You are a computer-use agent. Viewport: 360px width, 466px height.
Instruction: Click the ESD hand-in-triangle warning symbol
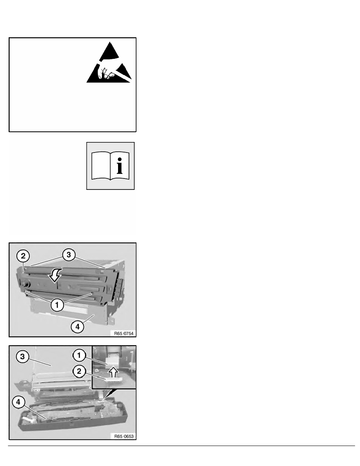tap(109, 63)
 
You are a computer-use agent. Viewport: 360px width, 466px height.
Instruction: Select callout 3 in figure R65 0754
tap(69, 255)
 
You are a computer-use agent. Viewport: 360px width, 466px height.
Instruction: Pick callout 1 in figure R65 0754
tap(57, 305)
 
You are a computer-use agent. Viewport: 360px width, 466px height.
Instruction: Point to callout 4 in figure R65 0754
tap(78, 327)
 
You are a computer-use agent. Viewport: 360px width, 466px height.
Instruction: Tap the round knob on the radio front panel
tap(26, 285)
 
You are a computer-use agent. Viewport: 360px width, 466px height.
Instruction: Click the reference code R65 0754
tap(124, 333)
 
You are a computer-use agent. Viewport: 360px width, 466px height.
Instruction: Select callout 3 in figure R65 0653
tap(23, 356)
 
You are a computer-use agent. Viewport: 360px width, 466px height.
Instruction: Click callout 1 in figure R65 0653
tap(79, 355)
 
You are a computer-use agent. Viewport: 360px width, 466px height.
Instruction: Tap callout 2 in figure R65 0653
tap(79, 371)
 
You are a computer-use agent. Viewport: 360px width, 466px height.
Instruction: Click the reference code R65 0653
tap(124, 437)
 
